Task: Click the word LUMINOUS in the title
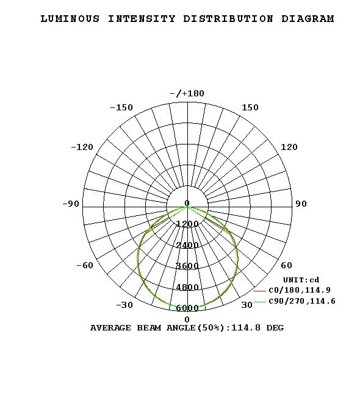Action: [x=70, y=19]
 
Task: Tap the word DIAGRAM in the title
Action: [x=308, y=19]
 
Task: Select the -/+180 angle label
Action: [x=187, y=93]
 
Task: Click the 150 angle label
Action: [x=250, y=107]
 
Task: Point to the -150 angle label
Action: [x=121, y=107]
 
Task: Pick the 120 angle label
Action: [x=289, y=147]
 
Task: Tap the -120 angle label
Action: [x=82, y=147]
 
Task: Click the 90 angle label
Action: [x=301, y=204]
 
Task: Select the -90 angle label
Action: [x=71, y=204]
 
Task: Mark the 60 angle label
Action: [x=286, y=265]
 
